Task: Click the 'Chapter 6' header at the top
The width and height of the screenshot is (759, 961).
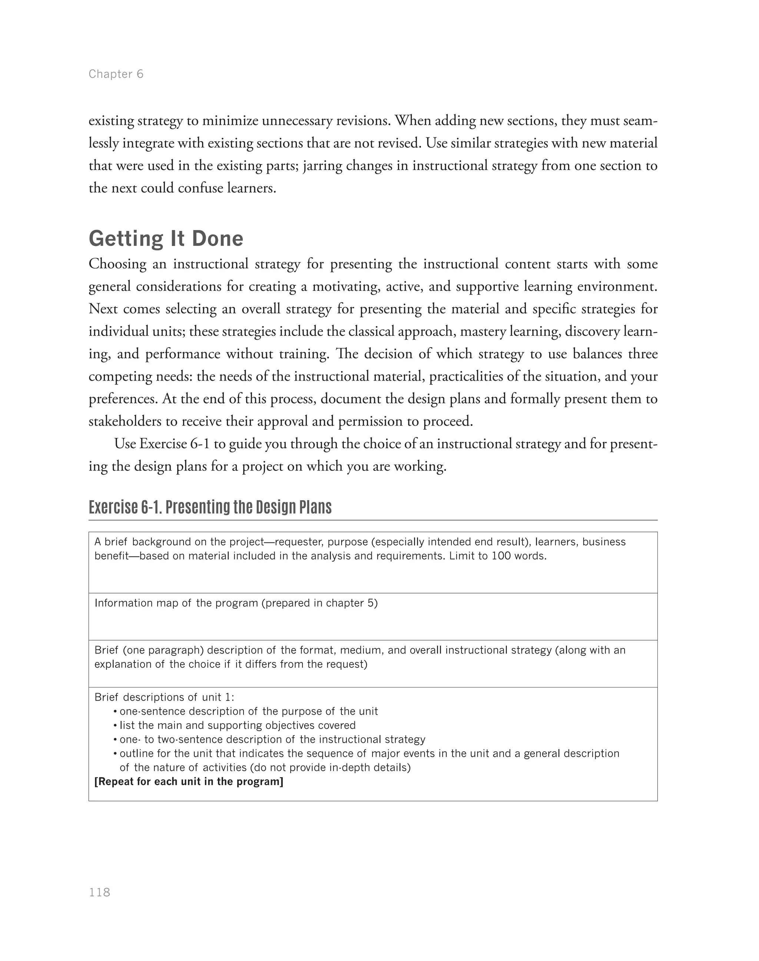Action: tap(116, 74)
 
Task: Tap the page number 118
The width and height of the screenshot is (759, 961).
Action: tap(100, 892)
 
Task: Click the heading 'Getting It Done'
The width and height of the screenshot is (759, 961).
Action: tap(166, 239)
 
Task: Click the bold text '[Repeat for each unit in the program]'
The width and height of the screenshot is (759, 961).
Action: tap(189, 781)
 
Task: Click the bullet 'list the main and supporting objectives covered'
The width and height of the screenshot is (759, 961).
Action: tap(237, 725)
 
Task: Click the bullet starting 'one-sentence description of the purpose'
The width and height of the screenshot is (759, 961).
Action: tap(248, 711)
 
